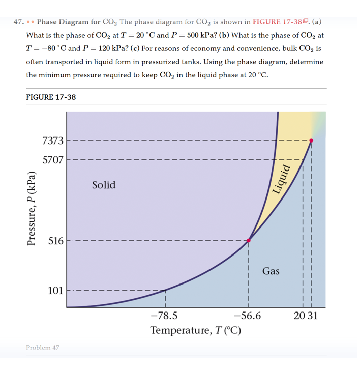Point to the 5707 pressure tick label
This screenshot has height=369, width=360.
[x=53, y=159]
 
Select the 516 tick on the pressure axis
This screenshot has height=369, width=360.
[x=56, y=241]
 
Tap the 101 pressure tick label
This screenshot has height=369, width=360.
[x=56, y=291]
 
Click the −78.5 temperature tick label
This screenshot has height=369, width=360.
[x=164, y=316]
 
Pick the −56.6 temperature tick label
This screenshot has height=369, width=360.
[x=248, y=316]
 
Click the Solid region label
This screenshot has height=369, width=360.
[x=104, y=185]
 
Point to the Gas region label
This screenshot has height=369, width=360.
[x=271, y=271]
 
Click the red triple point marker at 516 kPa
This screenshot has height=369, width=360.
[x=249, y=240]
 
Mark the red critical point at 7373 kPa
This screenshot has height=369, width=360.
[x=311, y=141]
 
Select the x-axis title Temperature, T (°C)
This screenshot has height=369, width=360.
[x=196, y=330]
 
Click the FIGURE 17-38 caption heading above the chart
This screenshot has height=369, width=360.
[x=51, y=97]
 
